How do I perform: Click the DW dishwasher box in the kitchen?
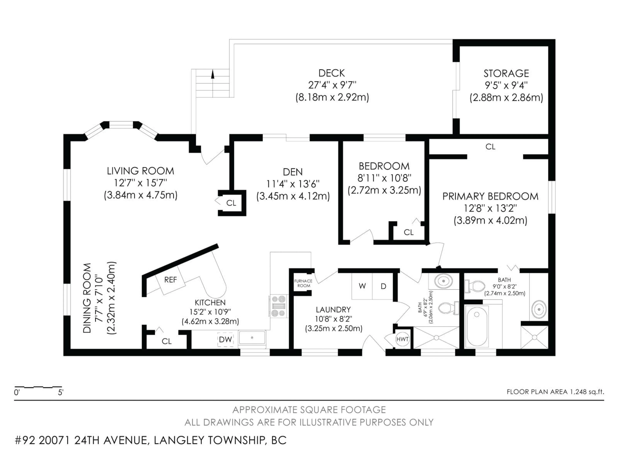click(225, 339)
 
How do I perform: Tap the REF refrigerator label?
click(170, 280)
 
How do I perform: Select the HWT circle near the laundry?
click(402, 339)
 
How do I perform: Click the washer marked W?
click(362, 286)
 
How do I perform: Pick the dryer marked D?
click(383, 286)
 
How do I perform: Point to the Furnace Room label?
click(303, 283)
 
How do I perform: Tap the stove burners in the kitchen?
click(278, 306)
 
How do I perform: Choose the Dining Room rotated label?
click(87, 298)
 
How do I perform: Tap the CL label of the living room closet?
click(231, 203)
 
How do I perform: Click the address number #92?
click(25, 440)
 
